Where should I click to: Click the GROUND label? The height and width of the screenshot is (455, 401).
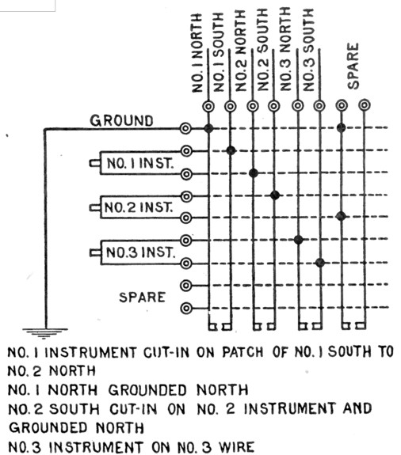click(x=121, y=121)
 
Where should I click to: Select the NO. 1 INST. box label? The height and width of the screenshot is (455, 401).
click(x=140, y=163)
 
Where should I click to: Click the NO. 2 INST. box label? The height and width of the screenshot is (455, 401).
click(x=139, y=207)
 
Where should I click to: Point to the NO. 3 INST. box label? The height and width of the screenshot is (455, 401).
click(x=140, y=252)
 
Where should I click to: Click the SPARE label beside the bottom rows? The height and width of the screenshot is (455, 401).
click(x=142, y=298)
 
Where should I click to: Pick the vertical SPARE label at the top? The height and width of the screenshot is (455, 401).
click(x=353, y=66)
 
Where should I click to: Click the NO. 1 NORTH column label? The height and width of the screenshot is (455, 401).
click(x=197, y=53)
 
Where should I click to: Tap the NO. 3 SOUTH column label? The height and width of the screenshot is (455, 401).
click(x=308, y=50)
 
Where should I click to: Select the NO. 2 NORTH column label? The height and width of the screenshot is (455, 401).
click(x=241, y=51)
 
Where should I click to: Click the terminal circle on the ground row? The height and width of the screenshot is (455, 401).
click(x=185, y=128)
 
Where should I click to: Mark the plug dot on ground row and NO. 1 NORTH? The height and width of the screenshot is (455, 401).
click(x=208, y=128)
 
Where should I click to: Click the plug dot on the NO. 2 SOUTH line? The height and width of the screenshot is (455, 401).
click(x=275, y=195)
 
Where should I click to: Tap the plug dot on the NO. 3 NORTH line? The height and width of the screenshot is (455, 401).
click(x=298, y=240)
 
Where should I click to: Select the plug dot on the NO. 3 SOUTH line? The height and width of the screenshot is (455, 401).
click(x=320, y=263)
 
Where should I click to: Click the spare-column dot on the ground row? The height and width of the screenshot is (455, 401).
click(x=342, y=127)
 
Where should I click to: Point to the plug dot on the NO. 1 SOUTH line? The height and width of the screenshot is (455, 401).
click(x=231, y=150)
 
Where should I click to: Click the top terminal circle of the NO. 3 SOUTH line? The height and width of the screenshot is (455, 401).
click(x=319, y=105)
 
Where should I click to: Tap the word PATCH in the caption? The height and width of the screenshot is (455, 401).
click(x=243, y=352)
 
